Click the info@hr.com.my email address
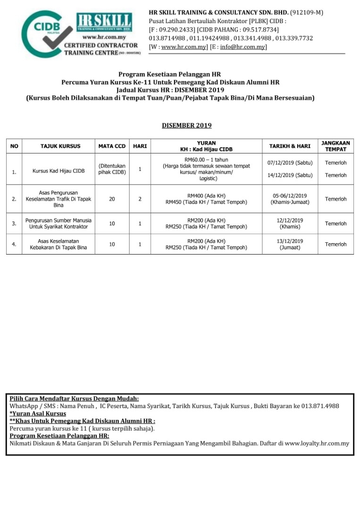pos(243,47)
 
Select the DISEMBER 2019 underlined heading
pos(186,126)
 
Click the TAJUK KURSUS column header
pos(60,146)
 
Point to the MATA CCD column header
pos(112,146)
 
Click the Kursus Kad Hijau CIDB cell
pos(59,171)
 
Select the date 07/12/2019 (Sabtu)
pos(290,163)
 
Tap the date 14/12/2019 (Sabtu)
pos(290,175)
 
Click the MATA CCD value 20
pos(112,199)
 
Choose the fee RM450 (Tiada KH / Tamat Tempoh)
pos(206,203)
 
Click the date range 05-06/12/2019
pos(290,196)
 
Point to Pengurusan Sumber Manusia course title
pos(59,221)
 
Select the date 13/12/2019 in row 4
pos(290,241)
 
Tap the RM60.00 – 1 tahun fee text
pos(206,160)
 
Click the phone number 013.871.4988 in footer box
pos(320,406)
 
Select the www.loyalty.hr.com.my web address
pos(317,443)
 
